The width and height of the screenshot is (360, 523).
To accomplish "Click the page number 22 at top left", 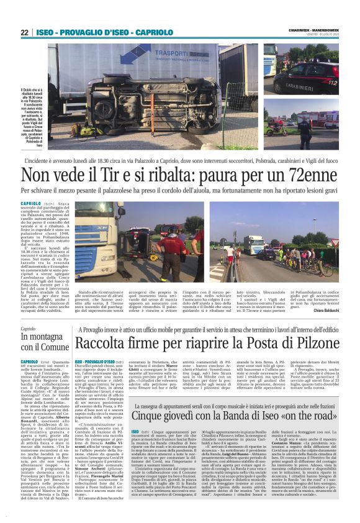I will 24,32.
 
